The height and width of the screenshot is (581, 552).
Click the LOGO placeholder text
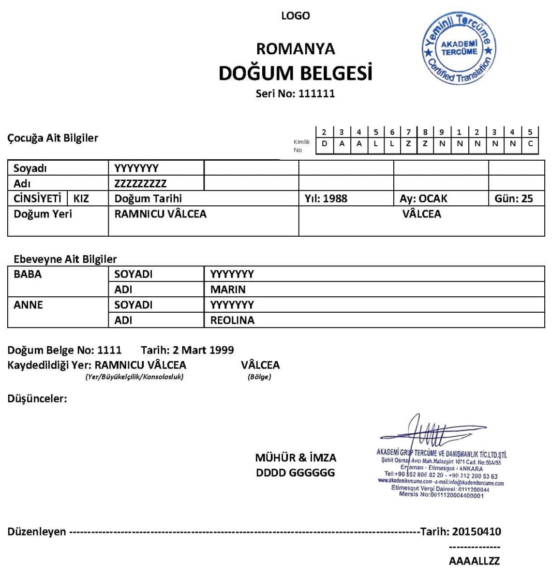tap(295, 16)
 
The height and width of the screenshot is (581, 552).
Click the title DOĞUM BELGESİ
tap(295, 73)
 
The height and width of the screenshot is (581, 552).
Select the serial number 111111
tap(316, 93)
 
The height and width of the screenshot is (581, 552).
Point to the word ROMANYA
tap(295, 48)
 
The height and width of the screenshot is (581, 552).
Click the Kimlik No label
tap(301, 146)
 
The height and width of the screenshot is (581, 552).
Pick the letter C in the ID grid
tap(530, 143)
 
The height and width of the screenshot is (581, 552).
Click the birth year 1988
tap(335, 199)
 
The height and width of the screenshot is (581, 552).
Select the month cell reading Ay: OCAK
tap(423, 199)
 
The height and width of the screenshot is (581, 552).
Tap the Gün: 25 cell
tap(514, 199)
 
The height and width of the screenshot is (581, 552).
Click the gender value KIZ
tap(81, 199)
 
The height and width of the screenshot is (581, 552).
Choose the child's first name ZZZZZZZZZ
tap(140, 183)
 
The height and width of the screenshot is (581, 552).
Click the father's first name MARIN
tap(228, 290)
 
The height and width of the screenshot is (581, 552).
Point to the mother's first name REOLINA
tap(232, 320)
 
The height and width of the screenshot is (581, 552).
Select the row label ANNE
tap(28, 305)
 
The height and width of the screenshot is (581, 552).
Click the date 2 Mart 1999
tap(203, 350)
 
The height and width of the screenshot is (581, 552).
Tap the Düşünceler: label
tap(37, 399)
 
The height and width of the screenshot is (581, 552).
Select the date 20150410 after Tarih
tap(477, 532)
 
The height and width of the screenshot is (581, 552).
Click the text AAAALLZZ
tap(474, 561)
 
